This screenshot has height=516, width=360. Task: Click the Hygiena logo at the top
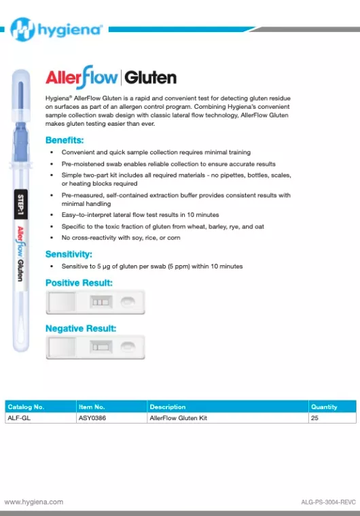click(x=57, y=29)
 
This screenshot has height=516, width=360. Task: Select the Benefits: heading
click(x=65, y=140)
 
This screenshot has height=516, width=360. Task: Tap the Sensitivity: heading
click(x=69, y=254)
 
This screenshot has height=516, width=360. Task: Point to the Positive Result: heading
click(x=79, y=282)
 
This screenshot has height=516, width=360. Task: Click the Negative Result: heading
click(x=80, y=328)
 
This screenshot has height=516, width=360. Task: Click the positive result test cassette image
click(x=95, y=301)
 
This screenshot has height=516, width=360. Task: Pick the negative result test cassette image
click(x=95, y=347)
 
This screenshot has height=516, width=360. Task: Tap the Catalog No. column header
click(x=26, y=407)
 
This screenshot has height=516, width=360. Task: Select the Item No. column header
click(x=92, y=407)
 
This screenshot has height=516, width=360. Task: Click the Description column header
click(x=167, y=407)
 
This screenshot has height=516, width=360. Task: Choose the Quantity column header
click(x=324, y=407)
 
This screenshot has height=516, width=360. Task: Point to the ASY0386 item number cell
click(x=92, y=418)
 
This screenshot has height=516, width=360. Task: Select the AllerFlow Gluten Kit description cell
click(x=178, y=418)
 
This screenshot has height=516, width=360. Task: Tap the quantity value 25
click(x=314, y=418)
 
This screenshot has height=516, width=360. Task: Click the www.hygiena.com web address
click(x=34, y=502)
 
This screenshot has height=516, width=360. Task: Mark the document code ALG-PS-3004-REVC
click(x=328, y=502)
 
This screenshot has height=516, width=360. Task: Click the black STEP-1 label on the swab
click(x=20, y=203)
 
